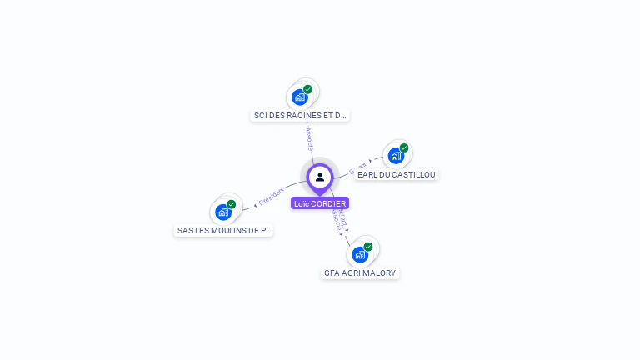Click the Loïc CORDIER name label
pyautogui.click(x=320, y=203)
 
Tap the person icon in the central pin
pyautogui.click(x=320, y=177)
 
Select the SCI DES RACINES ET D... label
pyautogui.click(x=300, y=116)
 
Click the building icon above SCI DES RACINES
pyautogui.click(x=299, y=97)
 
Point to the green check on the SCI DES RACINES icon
pyautogui.click(x=307, y=89)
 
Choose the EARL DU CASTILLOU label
pyautogui.click(x=396, y=174)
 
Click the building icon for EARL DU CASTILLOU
pyautogui.click(x=396, y=155)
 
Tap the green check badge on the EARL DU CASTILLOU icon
pyautogui.click(x=404, y=147)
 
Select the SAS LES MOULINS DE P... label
pyautogui.click(x=223, y=230)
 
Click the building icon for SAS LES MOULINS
pyautogui.click(x=223, y=212)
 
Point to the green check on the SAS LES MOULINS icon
pyautogui.click(x=232, y=204)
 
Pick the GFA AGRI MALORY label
pyautogui.click(x=360, y=272)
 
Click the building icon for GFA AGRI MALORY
pyautogui.click(x=359, y=254)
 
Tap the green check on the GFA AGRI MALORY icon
pyautogui.click(x=367, y=247)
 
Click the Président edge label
pyautogui.click(x=272, y=196)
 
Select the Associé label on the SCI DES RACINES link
pyautogui.click(x=309, y=138)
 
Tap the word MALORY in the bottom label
pyautogui.click(x=379, y=272)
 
